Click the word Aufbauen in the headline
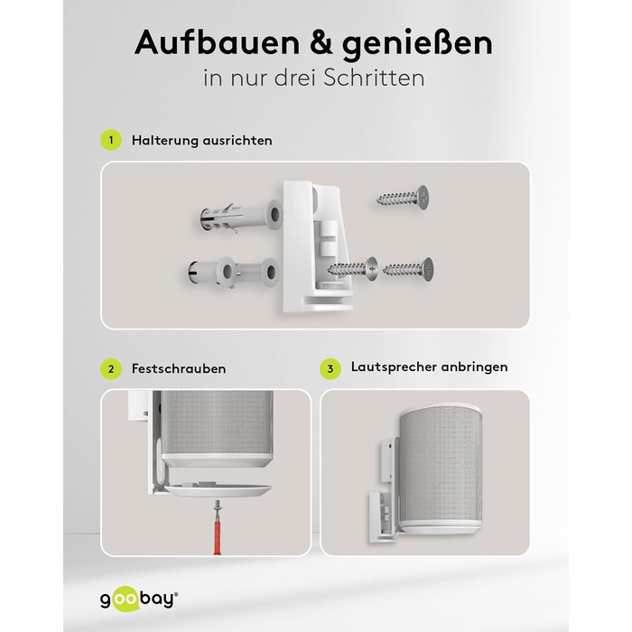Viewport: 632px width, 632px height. click(x=218, y=42)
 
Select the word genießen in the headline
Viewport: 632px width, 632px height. click(x=417, y=44)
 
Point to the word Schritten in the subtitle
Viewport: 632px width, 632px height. click(x=374, y=78)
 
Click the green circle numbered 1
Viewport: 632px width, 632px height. click(x=111, y=140)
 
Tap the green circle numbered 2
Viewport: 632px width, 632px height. click(x=111, y=368)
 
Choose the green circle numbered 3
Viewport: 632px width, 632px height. click(x=330, y=368)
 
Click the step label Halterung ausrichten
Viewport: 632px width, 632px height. click(x=201, y=140)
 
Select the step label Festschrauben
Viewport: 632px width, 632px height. click(x=179, y=368)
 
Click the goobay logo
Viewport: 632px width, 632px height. click(x=139, y=599)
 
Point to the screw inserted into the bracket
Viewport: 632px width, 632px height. click(x=352, y=267)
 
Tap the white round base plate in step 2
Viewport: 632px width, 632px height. click(x=218, y=489)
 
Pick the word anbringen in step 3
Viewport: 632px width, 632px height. click(x=474, y=367)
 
